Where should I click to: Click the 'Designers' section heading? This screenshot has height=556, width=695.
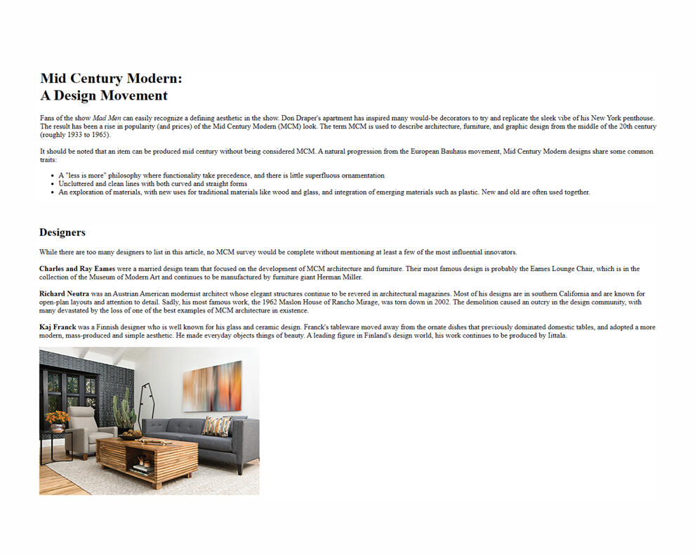(62, 232)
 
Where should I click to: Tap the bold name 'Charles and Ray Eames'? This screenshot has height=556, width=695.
(77, 269)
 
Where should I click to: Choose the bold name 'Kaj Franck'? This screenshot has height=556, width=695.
(58, 327)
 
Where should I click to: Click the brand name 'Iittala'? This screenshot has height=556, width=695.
(554, 336)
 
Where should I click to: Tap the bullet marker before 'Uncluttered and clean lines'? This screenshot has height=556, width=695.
(53, 184)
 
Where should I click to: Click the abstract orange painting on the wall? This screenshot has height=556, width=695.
(212, 386)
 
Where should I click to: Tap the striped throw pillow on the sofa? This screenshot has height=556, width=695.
(216, 426)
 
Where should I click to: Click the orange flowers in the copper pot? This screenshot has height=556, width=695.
(57, 418)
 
